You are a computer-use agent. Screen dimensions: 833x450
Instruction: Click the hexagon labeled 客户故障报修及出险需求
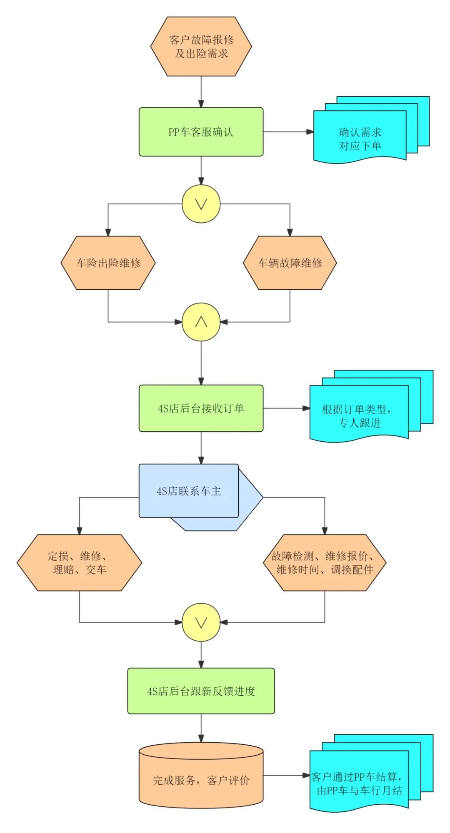pyautogui.click(x=201, y=46)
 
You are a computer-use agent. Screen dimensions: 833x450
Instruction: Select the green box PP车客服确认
pyautogui.click(x=201, y=132)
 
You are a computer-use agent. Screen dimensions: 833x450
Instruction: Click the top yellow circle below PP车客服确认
pyautogui.click(x=201, y=204)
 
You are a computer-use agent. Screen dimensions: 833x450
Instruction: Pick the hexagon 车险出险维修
pyautogui.click(x=108, y=263)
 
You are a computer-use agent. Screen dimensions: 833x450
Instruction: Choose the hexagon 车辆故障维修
pyautogui.click(x=290, y=263)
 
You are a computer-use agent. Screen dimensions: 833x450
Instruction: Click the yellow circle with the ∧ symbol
pyautogui.click(x=201, y=322)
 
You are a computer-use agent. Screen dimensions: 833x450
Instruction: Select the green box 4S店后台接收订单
pyautogui.click(x=201, y=408)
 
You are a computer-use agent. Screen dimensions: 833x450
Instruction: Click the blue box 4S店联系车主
pyautogui.click(x=189, y=491)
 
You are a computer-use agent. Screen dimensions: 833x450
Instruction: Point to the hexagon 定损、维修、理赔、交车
pyautogui.click(x=79, y=562)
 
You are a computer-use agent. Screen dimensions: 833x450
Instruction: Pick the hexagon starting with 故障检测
pyautogui.click(x=325, y=562)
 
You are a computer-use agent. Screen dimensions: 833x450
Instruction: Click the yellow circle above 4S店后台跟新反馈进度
pyautogui.click(x=201, y=622)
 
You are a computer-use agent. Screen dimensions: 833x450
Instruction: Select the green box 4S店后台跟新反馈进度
pyautogui.click(x=201, y=691)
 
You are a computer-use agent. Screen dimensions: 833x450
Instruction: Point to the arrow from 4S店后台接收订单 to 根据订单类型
pyautogui.click(x=287, y=408)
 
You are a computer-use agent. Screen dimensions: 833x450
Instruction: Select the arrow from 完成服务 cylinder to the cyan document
pyautogui.click(x=287, y=776)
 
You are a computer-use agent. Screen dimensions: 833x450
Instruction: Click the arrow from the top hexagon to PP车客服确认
pyautogui.click(x=201, y=92)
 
